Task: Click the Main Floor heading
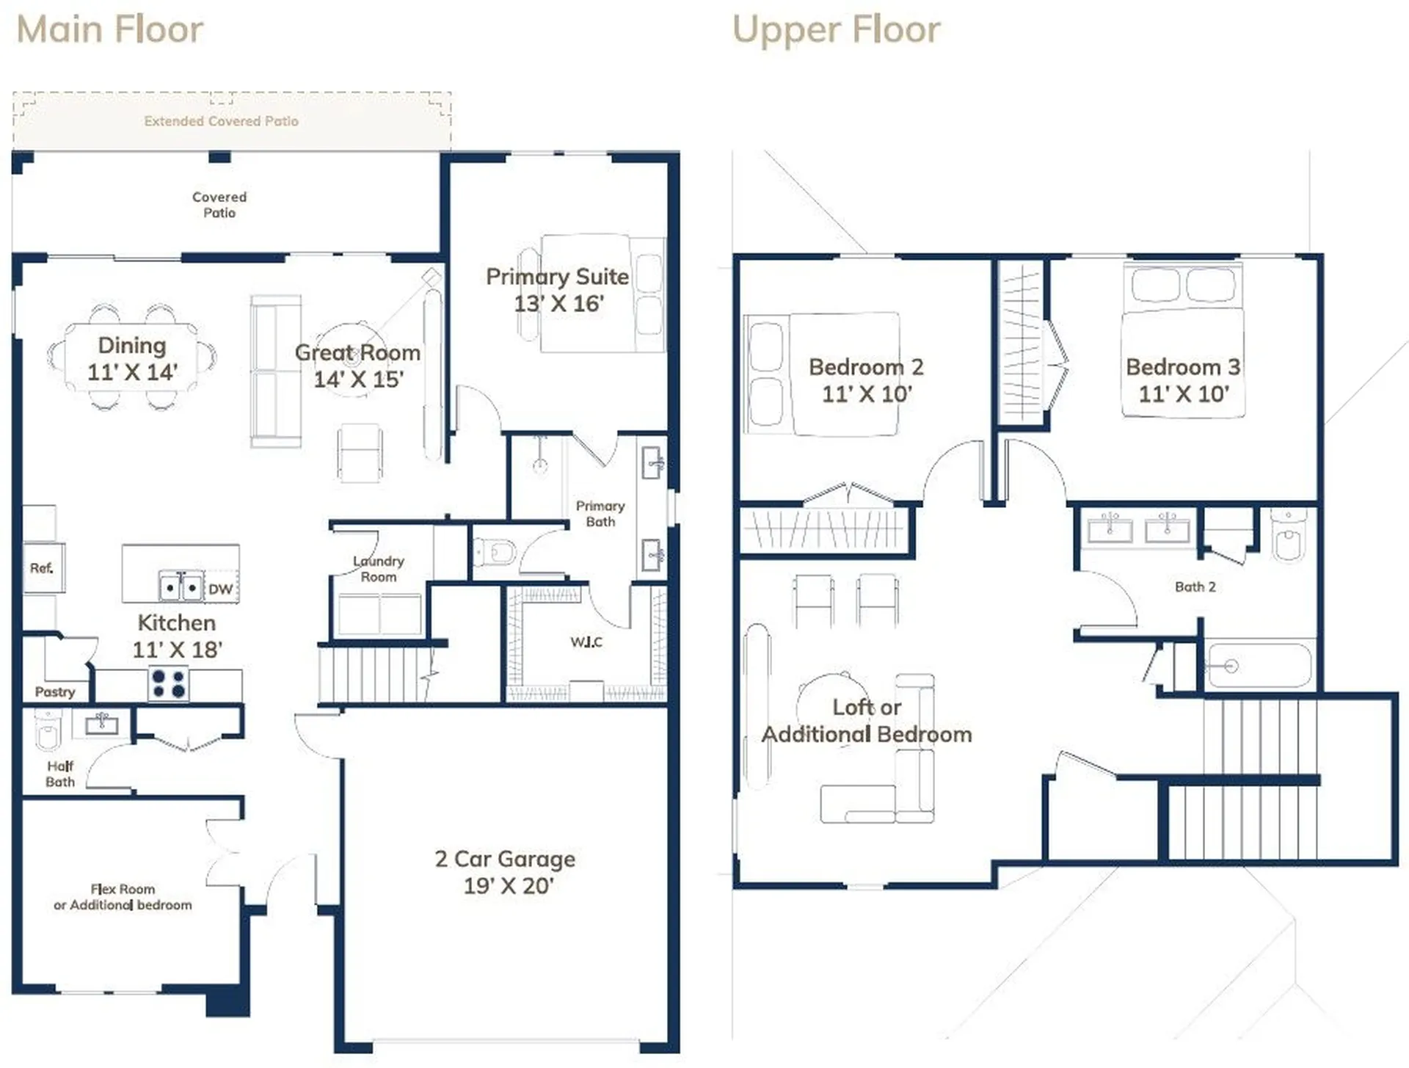click(110, 30)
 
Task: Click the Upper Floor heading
click(837, 30)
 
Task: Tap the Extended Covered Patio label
click(221, 121)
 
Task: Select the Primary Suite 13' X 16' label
click(558, 290)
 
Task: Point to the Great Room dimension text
click(359, 379)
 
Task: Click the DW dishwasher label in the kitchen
click(220, 589)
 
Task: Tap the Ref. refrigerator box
click(43, 567)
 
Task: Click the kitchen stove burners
click(169, 684)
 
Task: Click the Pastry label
click(55, 691)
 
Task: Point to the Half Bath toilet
click(48, 729)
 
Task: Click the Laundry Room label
click(378, 569)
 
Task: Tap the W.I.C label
click(586, 642)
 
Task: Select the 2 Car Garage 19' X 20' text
click(506, 872)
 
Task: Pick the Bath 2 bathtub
click(1259, 666)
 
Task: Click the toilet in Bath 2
click(1289, 535)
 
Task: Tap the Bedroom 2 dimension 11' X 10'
click(867, 394)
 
